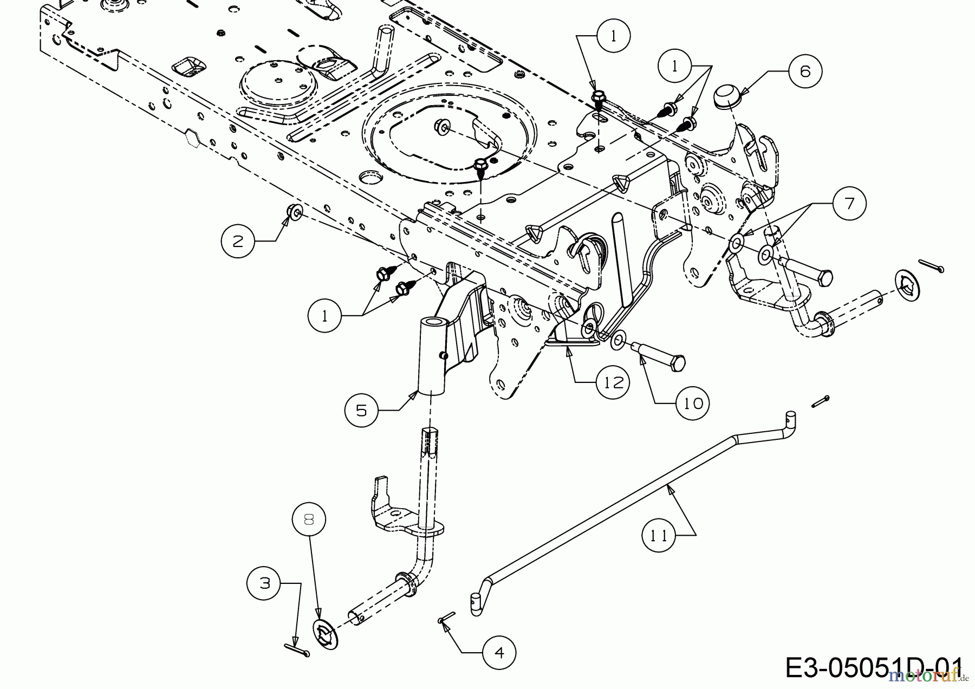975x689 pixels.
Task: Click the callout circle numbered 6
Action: [805, 71]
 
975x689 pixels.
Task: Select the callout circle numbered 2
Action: [238, 241]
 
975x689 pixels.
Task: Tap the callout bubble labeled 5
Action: [361, 410]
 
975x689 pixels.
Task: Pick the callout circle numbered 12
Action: [613, 382]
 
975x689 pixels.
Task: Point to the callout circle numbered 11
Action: [659, 535]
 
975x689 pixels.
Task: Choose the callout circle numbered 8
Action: [309, 520]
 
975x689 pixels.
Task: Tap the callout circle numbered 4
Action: [499, 653]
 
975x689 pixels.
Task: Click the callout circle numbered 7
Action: [849, 203]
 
